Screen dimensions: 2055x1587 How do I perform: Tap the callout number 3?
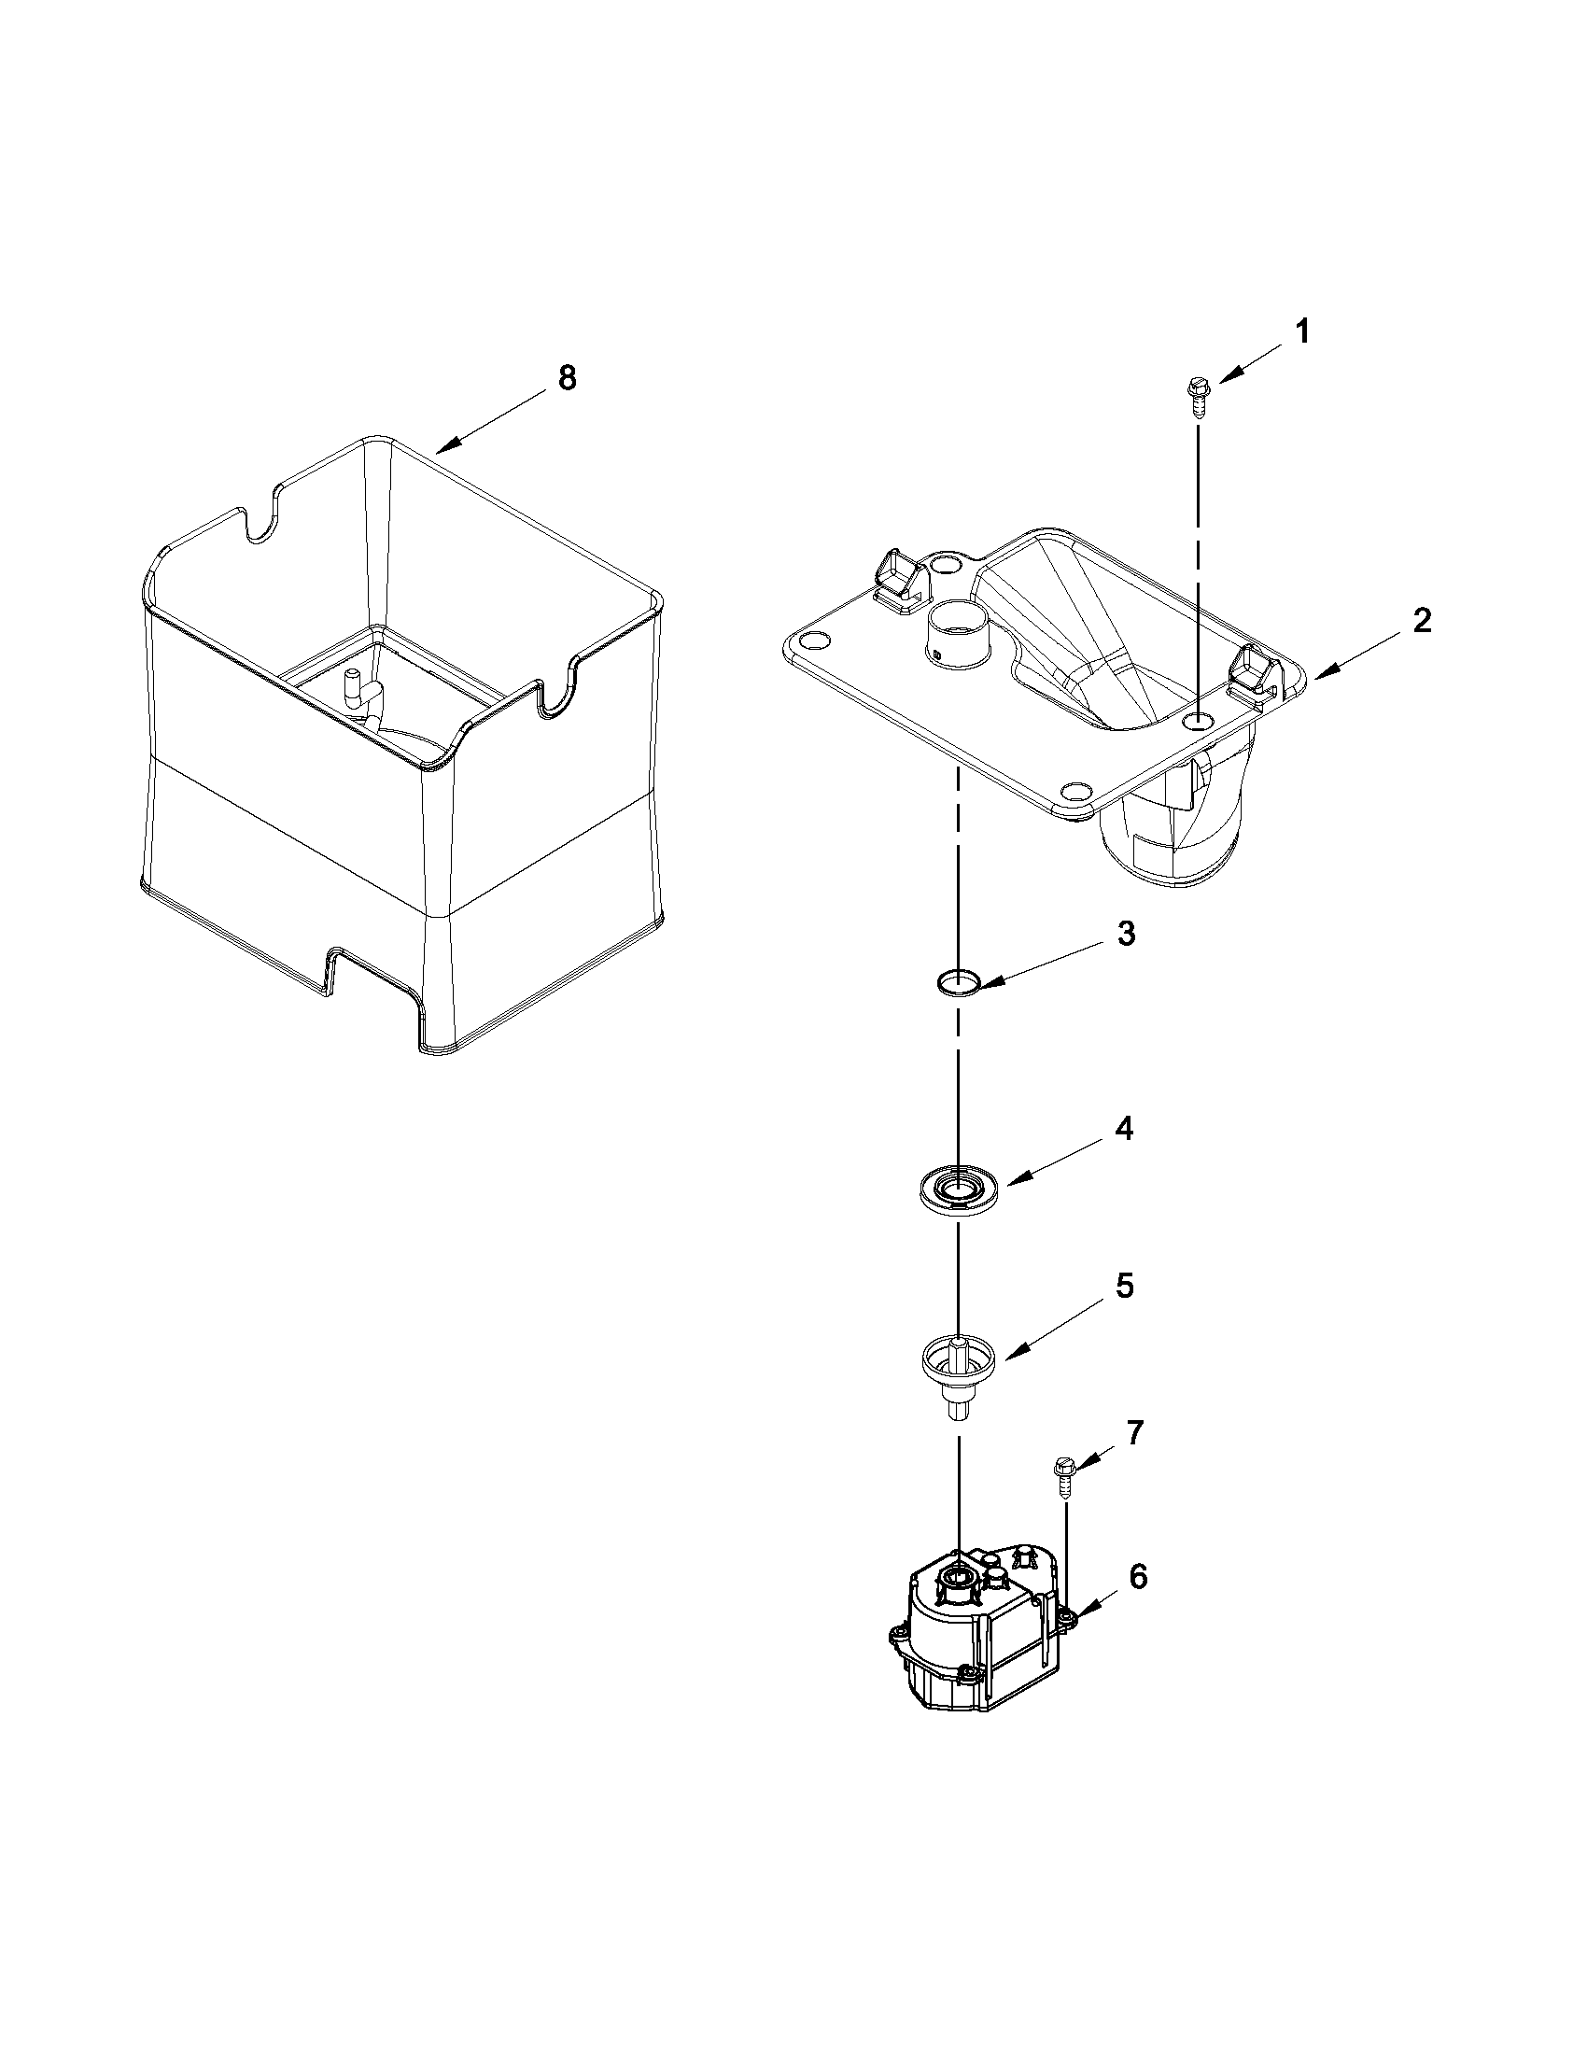coord(1126,936)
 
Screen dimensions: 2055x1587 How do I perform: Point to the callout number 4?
coord(1123,1129)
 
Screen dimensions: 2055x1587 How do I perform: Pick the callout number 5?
coord(1125,1287)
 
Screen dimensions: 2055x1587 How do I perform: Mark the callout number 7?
coord(1134,1433)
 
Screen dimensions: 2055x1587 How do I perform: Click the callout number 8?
coord(567,378)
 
